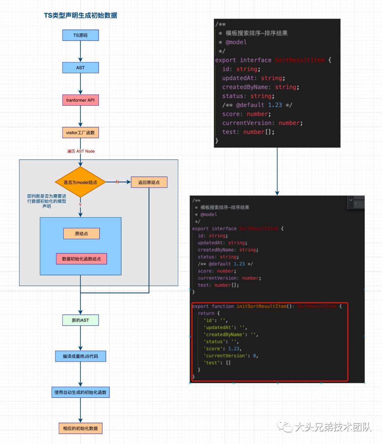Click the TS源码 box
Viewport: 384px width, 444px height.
point(80,35)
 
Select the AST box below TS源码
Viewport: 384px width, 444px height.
point(80,68)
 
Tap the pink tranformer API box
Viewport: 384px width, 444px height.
point(80,100)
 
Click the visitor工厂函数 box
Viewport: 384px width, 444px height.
point(80,133)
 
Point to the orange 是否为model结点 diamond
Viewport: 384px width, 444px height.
point(80,182)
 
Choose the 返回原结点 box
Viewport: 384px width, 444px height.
point(149,182)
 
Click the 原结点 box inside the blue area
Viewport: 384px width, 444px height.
point(81,234)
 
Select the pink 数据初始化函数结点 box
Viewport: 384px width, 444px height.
point(81,259)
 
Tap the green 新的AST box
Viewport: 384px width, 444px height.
point(80,320)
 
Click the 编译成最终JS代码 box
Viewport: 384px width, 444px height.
point(80,356)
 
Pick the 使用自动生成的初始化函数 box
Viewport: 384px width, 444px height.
point(80,392)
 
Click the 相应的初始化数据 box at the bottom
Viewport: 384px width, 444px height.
point(80,428)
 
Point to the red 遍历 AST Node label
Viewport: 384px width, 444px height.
point(81,151)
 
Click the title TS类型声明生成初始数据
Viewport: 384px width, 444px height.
point(80,15)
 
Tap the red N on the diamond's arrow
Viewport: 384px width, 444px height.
point(117,182)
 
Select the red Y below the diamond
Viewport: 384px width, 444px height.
point(80,205)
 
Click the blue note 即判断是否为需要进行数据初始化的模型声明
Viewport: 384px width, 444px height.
point(47,201)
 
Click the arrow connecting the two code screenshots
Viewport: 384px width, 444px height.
point(277,171)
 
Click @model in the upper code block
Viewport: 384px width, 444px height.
point(236,42)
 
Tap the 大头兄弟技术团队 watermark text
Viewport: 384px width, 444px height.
point(333,427)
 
